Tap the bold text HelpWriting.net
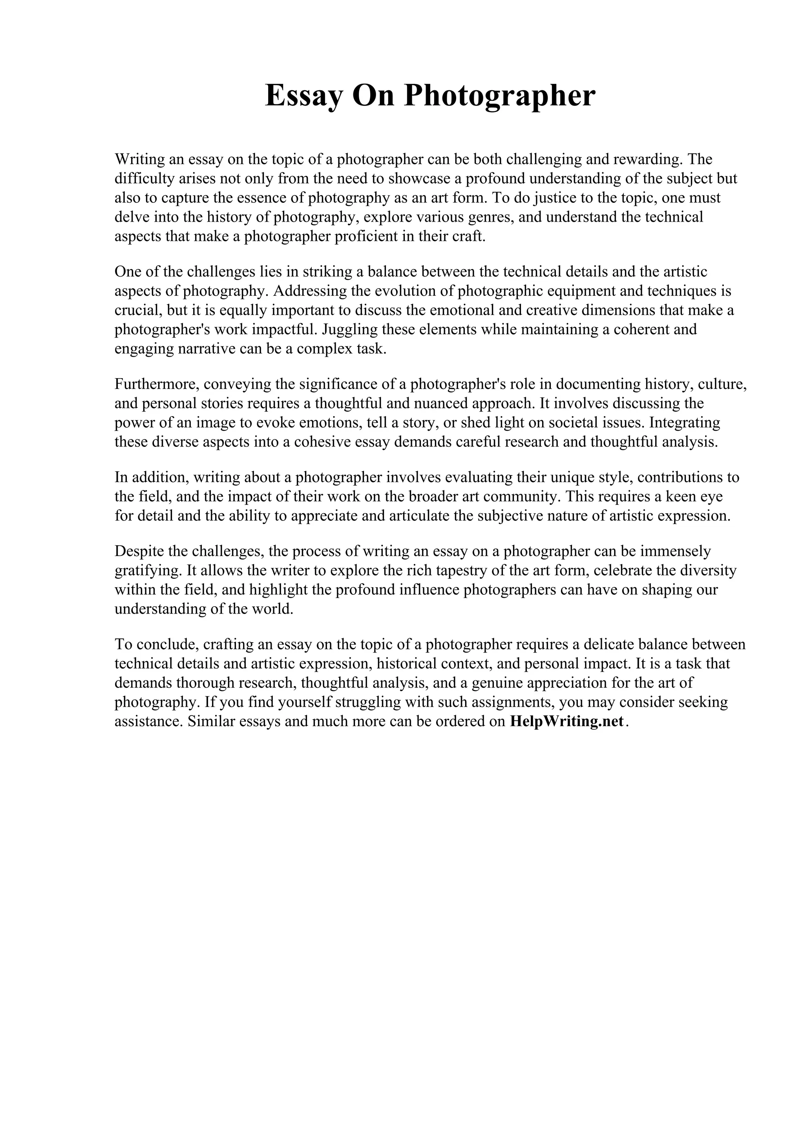[566, 721]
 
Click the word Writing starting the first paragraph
[140, 159]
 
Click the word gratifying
[148, 570]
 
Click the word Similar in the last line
[211, 721]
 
